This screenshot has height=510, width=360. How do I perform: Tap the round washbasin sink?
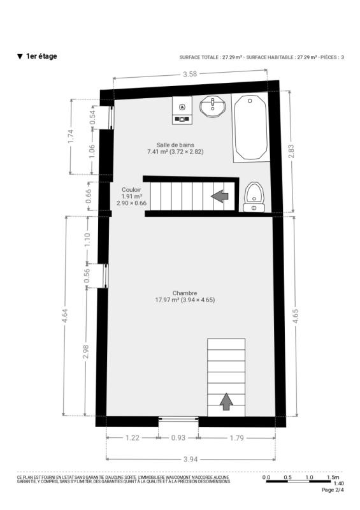pyautogui.click(x=213, y=106)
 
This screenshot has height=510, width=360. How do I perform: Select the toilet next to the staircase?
pyautogui.click(x=254, y=198)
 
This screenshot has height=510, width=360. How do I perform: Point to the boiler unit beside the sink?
pyautogui.click(x=182, y=110)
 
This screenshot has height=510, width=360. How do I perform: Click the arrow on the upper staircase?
pyautogui.click(x=220, y=196)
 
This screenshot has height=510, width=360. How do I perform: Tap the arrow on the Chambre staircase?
pyautogui.click(x=226, y=401)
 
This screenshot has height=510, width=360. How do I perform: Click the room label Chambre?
pyautogui.click(x=185, y=293)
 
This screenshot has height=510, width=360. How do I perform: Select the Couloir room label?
pyautogui.click(x=131, y=189)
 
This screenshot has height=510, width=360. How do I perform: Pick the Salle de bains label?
pyautogui.click(x=175, y=145)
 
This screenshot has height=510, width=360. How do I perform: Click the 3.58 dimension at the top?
pyautogui.click(x=190, y=74)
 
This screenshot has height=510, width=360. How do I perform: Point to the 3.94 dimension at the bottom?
pyautogui.click(x=191, y=459)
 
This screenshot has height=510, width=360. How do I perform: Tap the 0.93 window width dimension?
pyautogui.click(x=178, y=438)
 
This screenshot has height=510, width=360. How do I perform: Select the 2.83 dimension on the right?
pyautogui.click(x=291, y=151)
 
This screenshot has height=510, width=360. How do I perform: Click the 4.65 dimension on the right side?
pyautogui.click(x=295, y=316)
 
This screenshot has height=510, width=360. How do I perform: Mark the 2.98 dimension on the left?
pyautogui.click(x=86, y=352)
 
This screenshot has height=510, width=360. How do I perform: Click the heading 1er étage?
pyautogui.click(x=41, y=56)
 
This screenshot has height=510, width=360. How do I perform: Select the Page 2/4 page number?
pyautogui.click(x=333, y=490)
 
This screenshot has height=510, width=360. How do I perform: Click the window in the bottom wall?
pyautogui.click(x=178, y=419)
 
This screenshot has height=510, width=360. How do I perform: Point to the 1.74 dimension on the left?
pyautogui.click(x=71, y=136)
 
